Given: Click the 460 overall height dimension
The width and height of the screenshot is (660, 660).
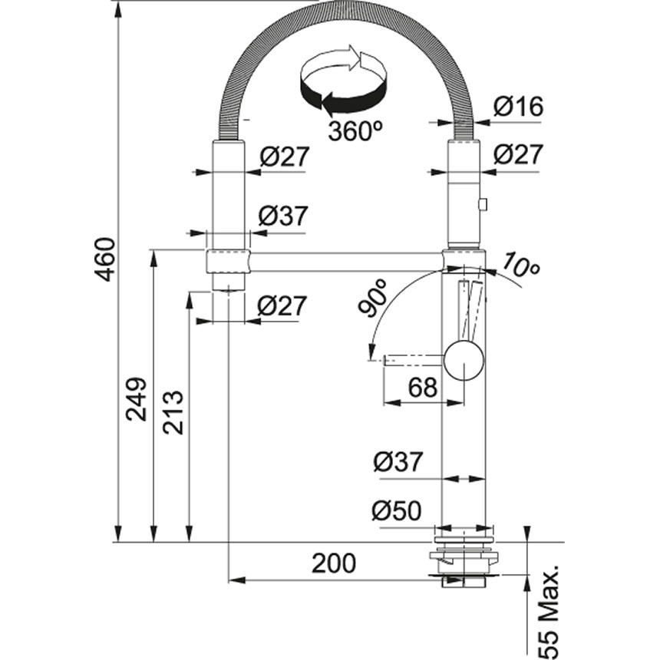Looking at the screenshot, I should click(x=104, y=259).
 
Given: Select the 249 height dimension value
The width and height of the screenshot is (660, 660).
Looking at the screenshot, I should click(x=137, y=398).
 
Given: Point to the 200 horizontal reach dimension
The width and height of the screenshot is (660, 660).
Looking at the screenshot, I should click(x=334, y=563).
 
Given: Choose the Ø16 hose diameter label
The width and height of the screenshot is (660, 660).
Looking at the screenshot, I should click(x=518, y=107).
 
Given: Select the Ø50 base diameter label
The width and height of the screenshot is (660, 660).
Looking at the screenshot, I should click(x=398, y=510).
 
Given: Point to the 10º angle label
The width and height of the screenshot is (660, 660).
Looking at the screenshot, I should click(x=522, y=266).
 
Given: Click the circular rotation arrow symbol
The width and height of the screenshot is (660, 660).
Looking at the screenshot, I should click(x=342, y=80).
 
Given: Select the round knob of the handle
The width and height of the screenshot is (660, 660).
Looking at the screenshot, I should click(x=464, y=360).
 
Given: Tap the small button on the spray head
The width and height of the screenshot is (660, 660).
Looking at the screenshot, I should click(x=483, y=204).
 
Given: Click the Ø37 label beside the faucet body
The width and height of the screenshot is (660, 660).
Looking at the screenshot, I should click(x=398, y=462).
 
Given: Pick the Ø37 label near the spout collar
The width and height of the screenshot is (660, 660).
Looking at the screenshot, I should click(x=282, y=216).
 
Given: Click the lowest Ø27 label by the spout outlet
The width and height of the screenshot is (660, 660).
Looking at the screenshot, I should click(x=282, y=305).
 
